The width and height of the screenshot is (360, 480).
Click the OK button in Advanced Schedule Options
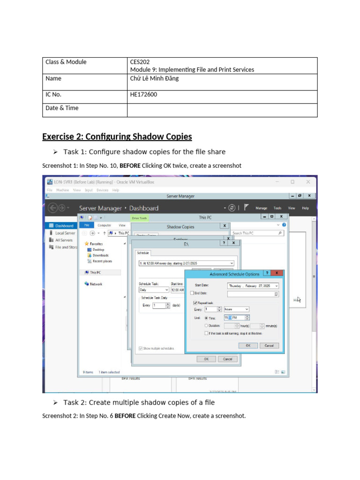248,345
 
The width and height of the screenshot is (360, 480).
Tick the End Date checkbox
192,293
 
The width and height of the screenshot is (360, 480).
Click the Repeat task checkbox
195,303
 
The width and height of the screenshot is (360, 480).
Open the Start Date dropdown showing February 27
253,285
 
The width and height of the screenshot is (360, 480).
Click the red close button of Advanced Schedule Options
277,273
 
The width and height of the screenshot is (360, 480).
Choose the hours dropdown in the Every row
237,309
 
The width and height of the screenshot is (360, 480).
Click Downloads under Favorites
100,255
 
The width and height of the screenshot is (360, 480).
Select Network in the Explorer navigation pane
96,284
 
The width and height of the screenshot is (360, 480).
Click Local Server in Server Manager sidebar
65,233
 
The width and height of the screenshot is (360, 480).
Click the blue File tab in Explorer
87,225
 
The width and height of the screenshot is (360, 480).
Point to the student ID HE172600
143,94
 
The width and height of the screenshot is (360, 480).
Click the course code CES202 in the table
140,62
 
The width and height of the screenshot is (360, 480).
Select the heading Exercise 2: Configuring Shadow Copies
117,137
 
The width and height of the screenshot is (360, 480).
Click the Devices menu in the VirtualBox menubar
102,190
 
